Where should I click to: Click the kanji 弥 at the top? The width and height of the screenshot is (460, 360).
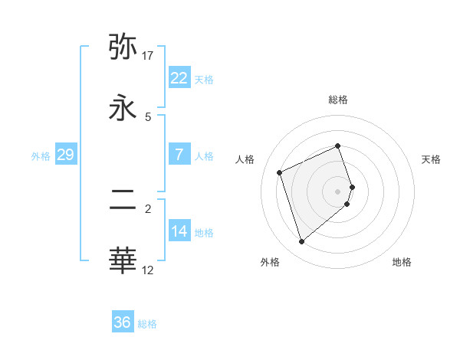123,47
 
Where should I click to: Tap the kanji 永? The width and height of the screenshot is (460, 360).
123,108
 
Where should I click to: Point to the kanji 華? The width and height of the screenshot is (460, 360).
123,260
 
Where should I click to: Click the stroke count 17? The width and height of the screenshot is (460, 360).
148,56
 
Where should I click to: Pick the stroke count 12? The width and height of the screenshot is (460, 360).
148,270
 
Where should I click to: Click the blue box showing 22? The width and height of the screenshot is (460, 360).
179,78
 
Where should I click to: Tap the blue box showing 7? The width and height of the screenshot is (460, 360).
179,155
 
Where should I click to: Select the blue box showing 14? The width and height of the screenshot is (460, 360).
179,231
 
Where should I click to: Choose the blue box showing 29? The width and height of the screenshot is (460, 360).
65,155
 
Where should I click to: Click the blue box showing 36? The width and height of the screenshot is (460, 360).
122,322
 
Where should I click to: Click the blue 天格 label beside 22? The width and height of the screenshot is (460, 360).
204,79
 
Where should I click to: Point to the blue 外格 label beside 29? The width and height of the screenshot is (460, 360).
41,155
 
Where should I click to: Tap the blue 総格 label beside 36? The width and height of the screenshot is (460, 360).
147,323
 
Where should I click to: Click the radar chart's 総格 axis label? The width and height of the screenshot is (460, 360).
338,100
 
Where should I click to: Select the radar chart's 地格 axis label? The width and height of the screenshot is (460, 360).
402,262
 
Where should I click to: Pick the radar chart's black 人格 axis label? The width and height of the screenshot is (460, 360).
245,159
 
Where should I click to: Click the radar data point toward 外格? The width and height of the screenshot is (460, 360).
301,242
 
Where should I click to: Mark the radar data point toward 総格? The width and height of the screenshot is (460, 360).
338,146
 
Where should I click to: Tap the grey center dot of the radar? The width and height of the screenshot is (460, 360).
338,191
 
